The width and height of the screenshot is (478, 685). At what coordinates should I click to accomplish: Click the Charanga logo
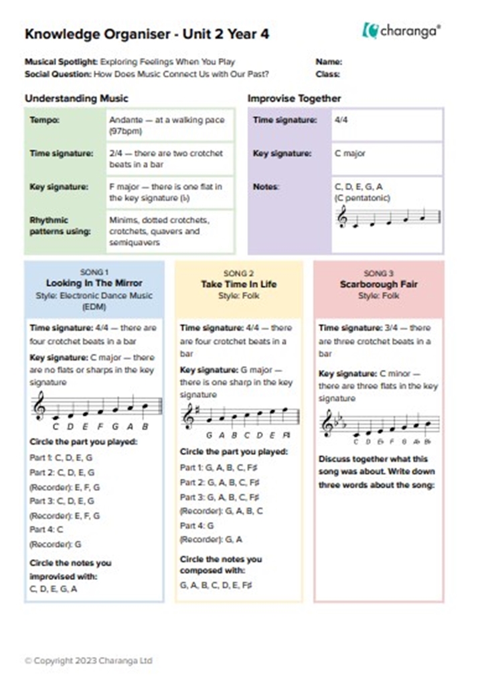(402, 30)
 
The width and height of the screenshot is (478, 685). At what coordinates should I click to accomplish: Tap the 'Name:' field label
(329, 62)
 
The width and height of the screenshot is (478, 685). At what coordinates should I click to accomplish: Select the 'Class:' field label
(328, 74)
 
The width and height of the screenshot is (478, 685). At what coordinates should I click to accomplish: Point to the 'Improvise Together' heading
(294, 99)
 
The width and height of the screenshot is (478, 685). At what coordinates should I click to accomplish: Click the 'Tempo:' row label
(44, 120)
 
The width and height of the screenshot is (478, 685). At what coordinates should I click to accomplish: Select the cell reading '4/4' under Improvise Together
(341, 120)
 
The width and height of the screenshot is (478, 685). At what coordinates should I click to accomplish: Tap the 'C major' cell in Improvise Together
(350, 154)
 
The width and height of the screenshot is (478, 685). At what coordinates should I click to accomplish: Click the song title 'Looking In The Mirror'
(94, 284)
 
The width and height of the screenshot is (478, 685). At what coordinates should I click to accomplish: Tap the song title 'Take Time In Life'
(238, 284)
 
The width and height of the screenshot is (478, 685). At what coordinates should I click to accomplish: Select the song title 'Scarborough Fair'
(378, 284)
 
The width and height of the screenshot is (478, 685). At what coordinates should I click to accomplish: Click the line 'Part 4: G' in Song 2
(197, 526)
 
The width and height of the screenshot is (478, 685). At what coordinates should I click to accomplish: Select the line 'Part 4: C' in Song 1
(47, 530)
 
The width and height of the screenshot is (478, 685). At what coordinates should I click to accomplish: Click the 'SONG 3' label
(378, 273)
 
